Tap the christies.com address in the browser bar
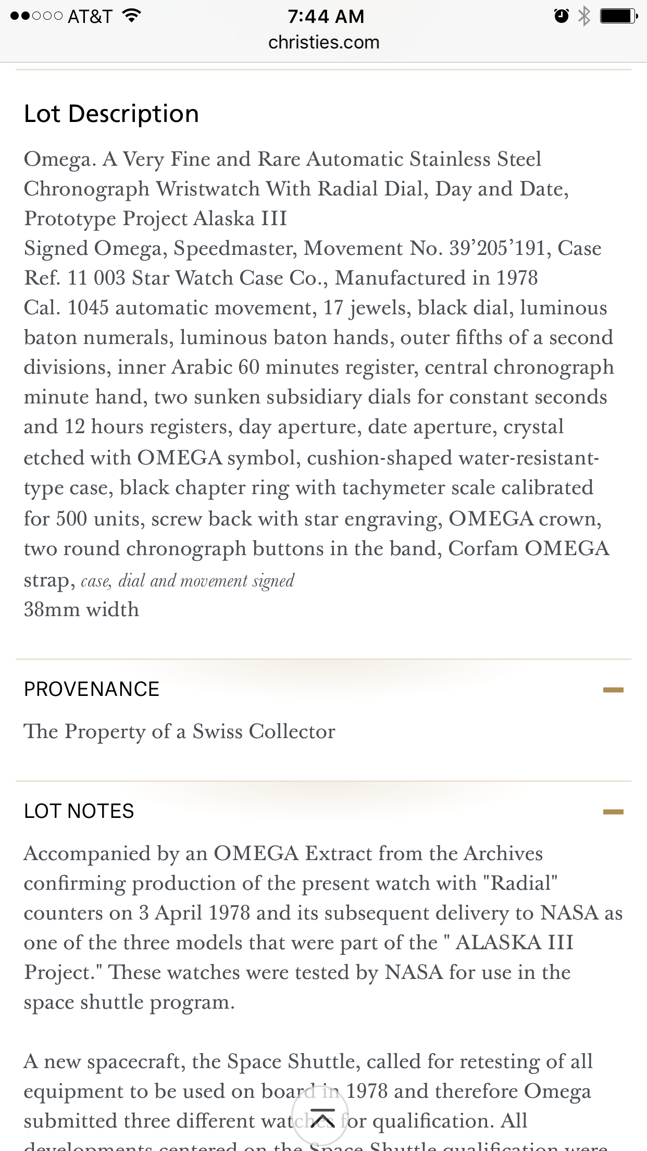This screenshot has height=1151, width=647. [x=323, y=42]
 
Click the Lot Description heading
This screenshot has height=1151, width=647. [x=111, y=114]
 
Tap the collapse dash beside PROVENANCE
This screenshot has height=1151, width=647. [x=613, y=690]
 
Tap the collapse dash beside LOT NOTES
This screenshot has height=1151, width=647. [x=613, y=812]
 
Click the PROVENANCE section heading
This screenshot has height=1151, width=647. [x=92, y=689]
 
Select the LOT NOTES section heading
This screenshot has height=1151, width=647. [x=79, y=811]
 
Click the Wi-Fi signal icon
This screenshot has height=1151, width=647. [x=132, y=16]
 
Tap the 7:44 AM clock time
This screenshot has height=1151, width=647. [x=326, y=17]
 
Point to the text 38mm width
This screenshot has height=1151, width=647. [x=82, y=609]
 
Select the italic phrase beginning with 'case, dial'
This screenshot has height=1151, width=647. [x=188, y=581]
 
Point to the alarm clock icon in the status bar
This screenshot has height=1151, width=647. [x=561, y=17]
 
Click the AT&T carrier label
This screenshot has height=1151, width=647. [x=90, y=17]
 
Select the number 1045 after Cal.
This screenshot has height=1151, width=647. [x=88, y=308]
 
